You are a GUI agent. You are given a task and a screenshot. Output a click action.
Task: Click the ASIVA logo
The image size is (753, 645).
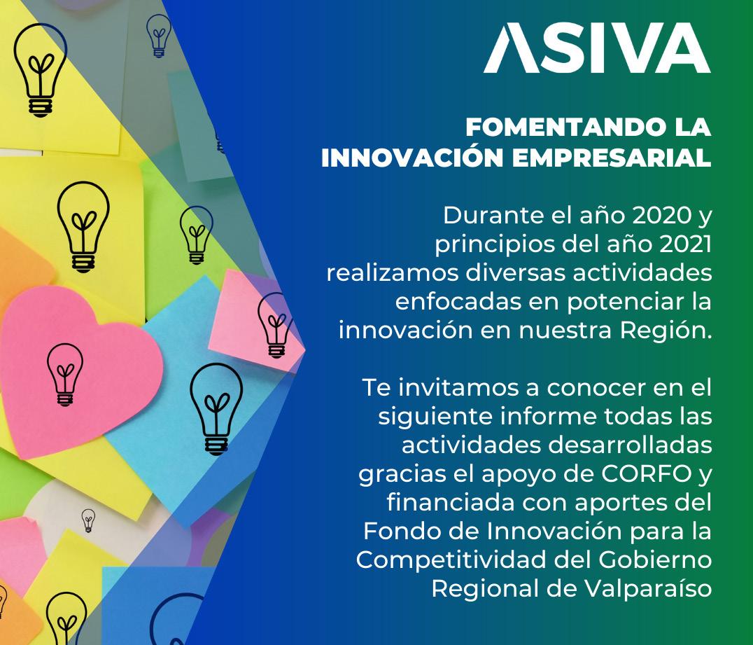[597, 48]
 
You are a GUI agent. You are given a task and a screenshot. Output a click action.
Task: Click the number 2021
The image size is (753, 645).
[685, 244]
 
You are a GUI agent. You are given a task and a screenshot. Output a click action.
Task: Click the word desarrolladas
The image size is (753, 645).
[630, 445]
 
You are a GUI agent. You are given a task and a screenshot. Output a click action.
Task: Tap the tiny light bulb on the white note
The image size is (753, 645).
[88, 520]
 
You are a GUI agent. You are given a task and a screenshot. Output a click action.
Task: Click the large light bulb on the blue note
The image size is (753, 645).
[216, 409]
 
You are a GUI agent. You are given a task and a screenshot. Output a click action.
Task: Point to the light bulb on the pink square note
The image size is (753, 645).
[275, 325]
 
